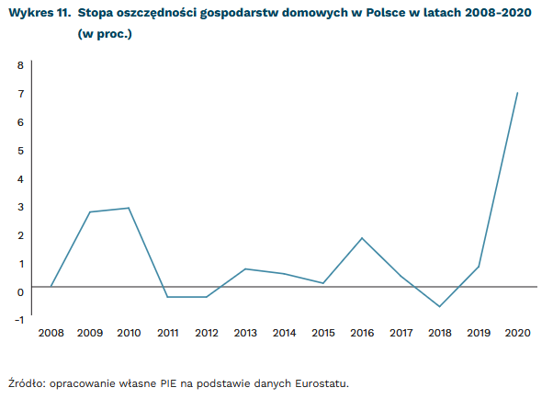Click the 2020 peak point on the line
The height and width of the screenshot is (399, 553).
coord(517,93)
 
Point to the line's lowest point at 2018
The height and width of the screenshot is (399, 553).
coord(439,306)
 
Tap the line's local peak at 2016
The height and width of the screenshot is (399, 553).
coord(362,238)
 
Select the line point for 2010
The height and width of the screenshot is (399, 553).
coord(129,208)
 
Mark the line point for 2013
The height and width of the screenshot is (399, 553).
coord(245,268)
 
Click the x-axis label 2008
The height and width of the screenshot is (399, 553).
coord(51,333)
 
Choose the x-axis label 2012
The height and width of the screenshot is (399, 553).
coord(206,333)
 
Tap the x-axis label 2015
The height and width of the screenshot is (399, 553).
coord(322,333)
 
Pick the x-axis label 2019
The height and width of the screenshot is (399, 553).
coord(478,333)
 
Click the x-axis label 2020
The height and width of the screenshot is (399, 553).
coord(517,333)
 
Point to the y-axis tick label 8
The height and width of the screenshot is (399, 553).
coord(19,65)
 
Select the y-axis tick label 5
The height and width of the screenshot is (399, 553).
coord(19,150)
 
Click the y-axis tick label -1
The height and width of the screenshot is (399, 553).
coord(17,320)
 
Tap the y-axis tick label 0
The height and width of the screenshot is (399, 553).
coord(19,291)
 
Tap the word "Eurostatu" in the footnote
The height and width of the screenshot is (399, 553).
coord(322,382)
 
